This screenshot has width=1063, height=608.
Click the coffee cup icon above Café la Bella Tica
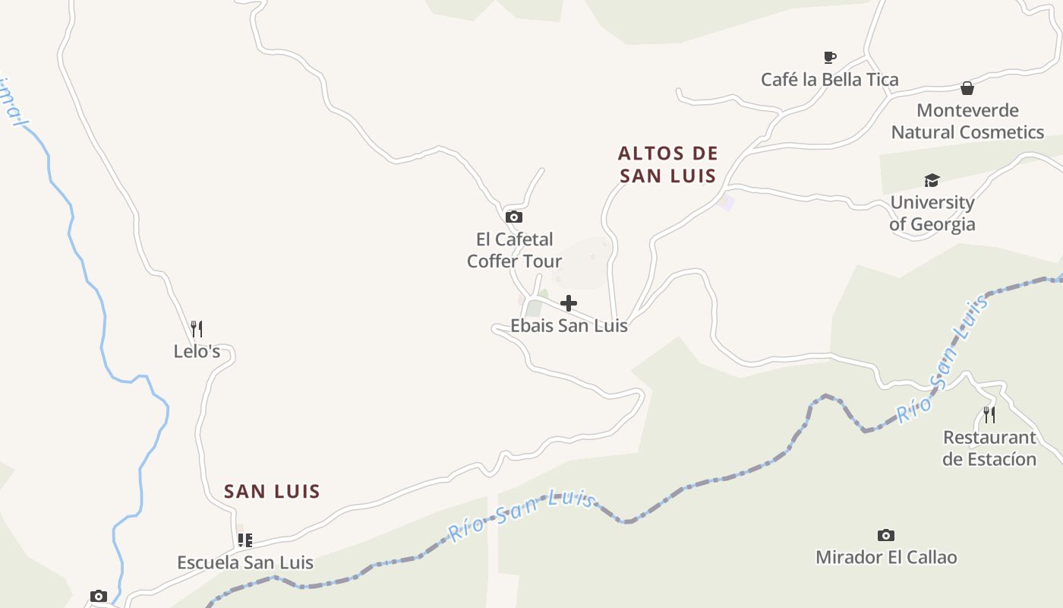click(830, 57)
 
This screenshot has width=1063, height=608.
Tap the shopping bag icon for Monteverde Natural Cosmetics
click(967, 88)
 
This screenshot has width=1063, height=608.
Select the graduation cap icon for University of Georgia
click(932, 180)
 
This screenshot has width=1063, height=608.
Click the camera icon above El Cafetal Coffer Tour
click(514, 217)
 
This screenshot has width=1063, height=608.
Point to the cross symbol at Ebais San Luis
click(569, 304)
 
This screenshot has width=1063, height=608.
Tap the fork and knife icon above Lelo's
click(197, 328)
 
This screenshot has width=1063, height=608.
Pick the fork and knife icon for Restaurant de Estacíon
click(989, 414)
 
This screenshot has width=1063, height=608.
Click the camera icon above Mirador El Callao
click(886, 535)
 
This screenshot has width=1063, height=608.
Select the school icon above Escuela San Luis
click(244, 540)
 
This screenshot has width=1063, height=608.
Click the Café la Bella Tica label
click(830, 80)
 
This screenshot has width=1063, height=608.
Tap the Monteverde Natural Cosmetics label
click(967, 122)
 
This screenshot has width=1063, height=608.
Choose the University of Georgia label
click(932, 214)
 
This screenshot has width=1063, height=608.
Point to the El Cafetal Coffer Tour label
click(514, 251)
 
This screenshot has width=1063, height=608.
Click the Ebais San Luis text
click(569, 326)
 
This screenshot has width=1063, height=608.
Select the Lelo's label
click(197, 351)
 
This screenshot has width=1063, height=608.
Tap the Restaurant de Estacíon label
click(989, 448)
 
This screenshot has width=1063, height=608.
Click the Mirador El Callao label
click(886, 557)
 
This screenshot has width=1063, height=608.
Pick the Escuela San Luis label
click(244, 563)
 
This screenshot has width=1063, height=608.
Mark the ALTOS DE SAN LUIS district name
click(667, 165)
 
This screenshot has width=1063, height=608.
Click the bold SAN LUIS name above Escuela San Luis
click(272, 492)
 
